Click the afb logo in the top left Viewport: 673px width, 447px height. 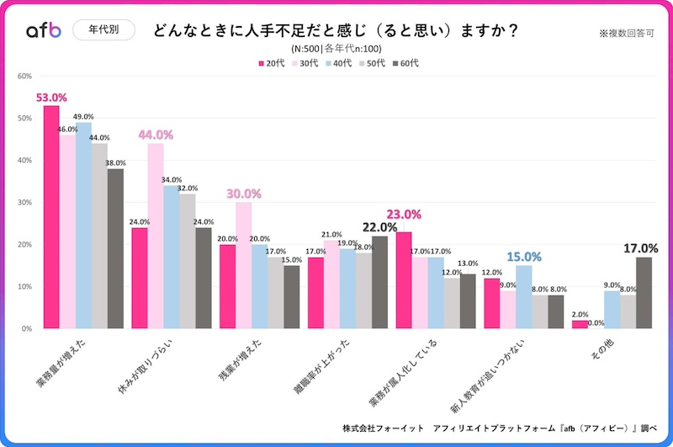43,31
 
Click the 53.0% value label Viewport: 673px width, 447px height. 51,98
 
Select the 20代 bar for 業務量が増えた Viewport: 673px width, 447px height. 51,217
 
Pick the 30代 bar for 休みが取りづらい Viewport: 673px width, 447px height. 156,236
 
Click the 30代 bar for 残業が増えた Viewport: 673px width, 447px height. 244,265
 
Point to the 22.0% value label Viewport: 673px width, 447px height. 379,226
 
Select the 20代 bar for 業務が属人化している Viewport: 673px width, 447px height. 404,279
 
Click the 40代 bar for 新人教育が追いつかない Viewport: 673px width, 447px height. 523,296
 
